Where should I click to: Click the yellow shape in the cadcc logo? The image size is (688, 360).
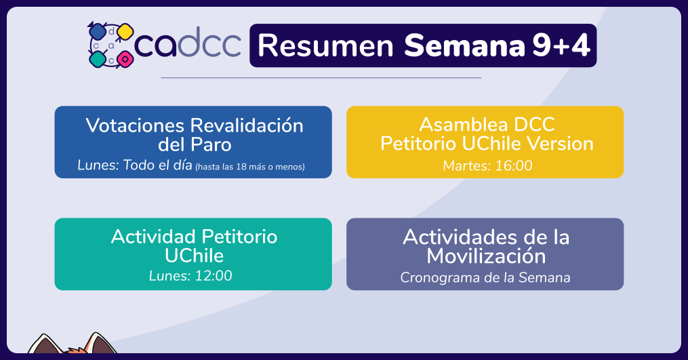[x=125, y=32]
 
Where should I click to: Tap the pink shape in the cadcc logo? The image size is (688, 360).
[x=125, y=58]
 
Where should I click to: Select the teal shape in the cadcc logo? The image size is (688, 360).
[x=98, y=59]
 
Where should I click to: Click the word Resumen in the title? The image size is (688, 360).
[x=325, y=45]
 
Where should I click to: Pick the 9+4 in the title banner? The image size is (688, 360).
[x=561, y=45]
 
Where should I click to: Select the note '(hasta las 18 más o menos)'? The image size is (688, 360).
[x=249, y=167]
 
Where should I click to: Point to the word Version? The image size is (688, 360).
[x=560, y=144]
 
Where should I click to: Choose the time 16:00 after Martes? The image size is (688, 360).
[x=513, y=165]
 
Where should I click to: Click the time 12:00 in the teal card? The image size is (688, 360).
[x=214, y=276]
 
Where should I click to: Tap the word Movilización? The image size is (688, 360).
[x=486, y=256]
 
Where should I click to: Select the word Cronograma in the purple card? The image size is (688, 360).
[x=434, y=277]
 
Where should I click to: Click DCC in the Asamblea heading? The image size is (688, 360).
[x=534, y=125]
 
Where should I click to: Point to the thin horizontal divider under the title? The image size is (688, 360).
[x=321, y=78]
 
